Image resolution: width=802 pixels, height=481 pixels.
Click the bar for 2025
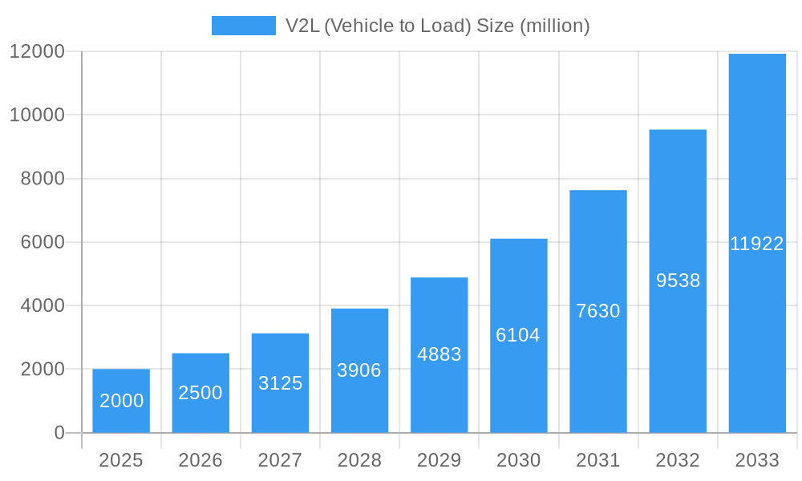pyautogui.click(x=121, y=401)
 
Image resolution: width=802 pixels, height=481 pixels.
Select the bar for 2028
pyautogui.click(x=359, y=370)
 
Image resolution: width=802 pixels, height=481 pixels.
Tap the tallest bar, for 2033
pyautogui.click(x=757, y=243)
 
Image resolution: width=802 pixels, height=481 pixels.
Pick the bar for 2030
pyautogui.click(x=518, y=335)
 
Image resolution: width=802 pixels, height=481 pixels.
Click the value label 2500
pyautogui.click(x=200, y=393)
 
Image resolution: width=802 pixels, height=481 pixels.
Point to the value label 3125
pyautogui.click(x=280, y=383)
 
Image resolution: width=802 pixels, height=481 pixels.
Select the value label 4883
pyautogui.click(x=439, y=354)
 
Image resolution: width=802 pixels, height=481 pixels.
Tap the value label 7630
pyautogui.click(x=598, y=311)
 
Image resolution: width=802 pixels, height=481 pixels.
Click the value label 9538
pyautogui.click(x=678, y=281)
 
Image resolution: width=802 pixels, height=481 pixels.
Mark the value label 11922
pyautogui.click(x=757, y=245)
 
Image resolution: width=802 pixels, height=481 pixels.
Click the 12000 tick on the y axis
pyautogui.click(x=37, y=51)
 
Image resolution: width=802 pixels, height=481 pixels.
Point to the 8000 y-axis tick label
pyautogui.click(x=42, y=179)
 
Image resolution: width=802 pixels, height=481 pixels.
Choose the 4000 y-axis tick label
pyautogui.click(x=42, y=305)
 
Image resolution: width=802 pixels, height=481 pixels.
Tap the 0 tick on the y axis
pyautogui.click(x=59, y=433)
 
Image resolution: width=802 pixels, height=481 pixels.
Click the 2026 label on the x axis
pyautogui.click(x=200, y=460)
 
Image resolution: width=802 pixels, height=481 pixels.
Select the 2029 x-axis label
pyautogui.click(x=439, y=460)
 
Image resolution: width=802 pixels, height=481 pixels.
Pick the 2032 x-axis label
pyautogui.click(x=678, y=460)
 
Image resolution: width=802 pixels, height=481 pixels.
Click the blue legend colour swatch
pyautogui.click(x=243, y=26)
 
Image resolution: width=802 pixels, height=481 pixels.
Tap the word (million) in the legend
pyautogui.click(x=555, y=26)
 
